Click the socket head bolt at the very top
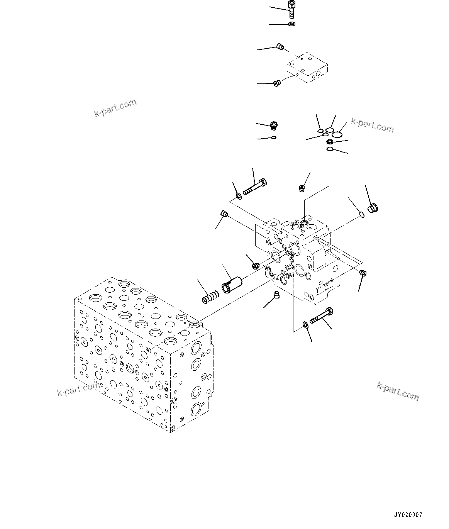(291, 8)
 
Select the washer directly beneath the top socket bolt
(292, 25)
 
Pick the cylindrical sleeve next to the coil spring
(231, 284)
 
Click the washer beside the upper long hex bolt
(239, 197)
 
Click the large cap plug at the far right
(373, 209)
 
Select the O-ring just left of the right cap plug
(361, 214)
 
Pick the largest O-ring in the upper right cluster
(337, 134)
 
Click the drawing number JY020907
(408, 515)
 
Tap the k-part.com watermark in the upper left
(115, 108)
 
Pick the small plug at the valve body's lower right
(363, 273)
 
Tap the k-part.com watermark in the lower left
(77, 389)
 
